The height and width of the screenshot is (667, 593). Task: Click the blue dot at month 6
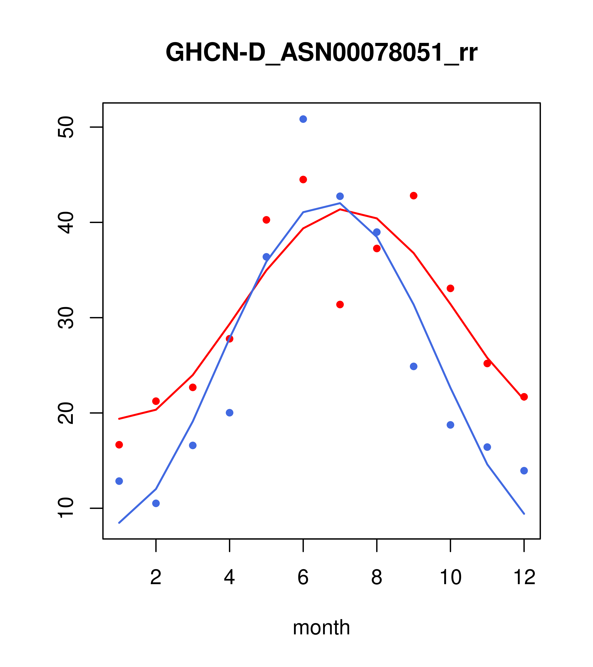point(303,119)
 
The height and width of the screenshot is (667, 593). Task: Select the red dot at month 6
point(303,180)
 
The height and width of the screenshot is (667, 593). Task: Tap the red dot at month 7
point(340,304)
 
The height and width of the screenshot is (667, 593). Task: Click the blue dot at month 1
point(119,481)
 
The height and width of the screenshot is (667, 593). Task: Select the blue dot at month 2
point(156,503)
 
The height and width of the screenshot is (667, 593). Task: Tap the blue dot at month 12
point(524,471)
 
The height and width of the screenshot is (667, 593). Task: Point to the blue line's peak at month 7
point(340,203)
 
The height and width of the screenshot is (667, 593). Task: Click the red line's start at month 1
point(119,419)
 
